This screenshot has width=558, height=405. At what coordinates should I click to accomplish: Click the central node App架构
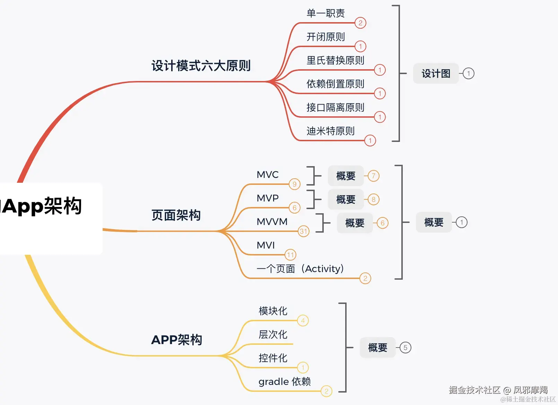coord(41,206)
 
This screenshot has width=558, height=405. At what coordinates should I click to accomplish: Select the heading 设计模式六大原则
coord(201,66)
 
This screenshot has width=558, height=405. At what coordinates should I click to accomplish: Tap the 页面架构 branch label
coord(176,215)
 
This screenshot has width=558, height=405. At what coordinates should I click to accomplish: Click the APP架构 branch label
coord(177,340)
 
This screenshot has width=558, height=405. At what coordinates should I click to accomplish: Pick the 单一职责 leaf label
coord(325,13)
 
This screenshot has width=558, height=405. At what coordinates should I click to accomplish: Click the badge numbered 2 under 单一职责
coord(360,23)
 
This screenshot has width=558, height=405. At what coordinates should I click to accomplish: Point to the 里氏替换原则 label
coord(335,60)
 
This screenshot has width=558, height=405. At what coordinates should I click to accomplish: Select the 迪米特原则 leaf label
coord(331,131)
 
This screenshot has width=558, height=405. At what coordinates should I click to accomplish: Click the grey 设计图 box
coord(436,73)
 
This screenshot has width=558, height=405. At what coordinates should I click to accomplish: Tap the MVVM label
coord(272,222)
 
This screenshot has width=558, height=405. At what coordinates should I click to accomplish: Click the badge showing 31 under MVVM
coord(303,231)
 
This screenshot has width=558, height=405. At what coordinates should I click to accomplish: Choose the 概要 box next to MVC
coord(346,176)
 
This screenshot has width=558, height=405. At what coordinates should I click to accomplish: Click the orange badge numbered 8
coord(373,199)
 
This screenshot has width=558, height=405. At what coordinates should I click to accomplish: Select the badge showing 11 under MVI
coord(290,255)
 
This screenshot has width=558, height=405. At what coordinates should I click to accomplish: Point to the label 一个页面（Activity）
coord(300,269)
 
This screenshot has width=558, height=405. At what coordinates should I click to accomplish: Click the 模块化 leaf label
coord(273,311)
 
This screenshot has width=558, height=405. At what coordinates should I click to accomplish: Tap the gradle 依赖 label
coord(285,381)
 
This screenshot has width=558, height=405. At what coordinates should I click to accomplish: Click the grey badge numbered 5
coord(405,348)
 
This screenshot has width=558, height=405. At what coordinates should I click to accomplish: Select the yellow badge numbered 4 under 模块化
coord(303,321)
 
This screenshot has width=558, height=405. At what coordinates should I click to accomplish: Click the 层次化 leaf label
coord(273,335)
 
